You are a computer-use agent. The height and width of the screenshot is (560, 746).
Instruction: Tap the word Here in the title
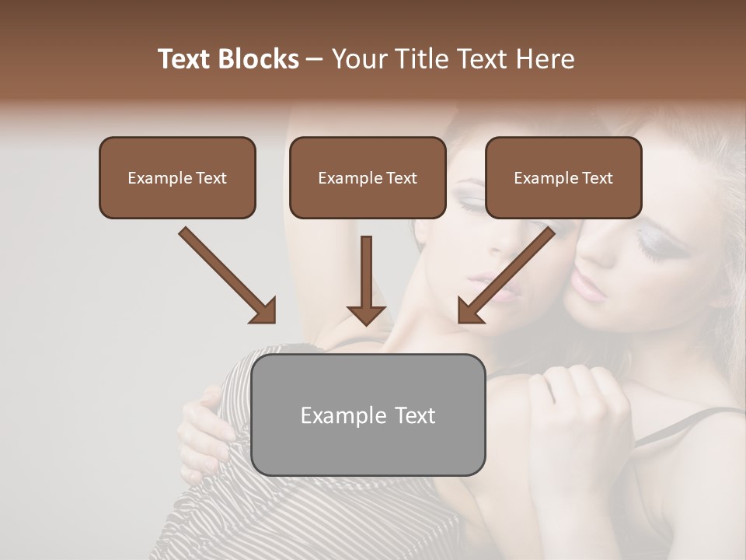[546, 59]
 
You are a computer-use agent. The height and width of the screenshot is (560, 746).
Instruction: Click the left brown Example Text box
[177, 177]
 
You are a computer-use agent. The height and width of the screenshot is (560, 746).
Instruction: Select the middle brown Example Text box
[368, 177]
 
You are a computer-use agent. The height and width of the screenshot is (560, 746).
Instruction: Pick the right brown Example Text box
[563, 177]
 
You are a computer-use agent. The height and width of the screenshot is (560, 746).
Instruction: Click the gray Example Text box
[368, 415]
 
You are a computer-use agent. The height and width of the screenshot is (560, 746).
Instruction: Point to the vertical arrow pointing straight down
[366, 272]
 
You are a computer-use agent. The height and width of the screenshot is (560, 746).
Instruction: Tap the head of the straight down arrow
[366, 313]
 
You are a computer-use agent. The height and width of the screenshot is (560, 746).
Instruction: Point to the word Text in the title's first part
[184, 59]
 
